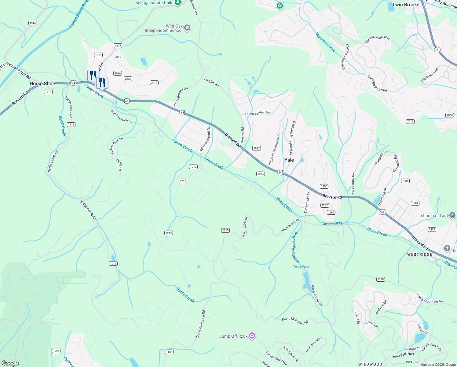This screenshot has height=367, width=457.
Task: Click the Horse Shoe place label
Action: pos(42,83)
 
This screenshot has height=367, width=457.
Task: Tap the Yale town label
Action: pos(289,160)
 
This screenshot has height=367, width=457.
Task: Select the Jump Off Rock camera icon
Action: pos(252,336)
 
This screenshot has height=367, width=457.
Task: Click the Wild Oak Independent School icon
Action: pos(187,28)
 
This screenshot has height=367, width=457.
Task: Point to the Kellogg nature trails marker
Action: pos(178,3)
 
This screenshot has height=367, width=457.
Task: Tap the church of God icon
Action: pos(452,216)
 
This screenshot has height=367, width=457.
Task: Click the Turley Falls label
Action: pos(301,267)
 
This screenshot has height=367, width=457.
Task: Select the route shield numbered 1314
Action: pos(33,23)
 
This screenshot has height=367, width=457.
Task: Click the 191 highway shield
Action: pos(437,50)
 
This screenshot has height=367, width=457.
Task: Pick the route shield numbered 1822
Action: pos(256,148)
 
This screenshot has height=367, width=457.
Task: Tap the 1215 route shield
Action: pos(225,230)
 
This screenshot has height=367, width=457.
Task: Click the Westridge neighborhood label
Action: pos(420,254)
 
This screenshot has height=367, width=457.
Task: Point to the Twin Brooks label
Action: pos(406,5)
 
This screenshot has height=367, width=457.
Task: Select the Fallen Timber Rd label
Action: pos(257,113)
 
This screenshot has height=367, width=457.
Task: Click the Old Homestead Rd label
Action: pos(205,139)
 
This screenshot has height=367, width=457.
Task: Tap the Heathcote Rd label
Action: pos(353,183)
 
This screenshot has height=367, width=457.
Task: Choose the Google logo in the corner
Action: pos(10,363)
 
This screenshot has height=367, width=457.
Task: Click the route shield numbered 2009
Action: pos(449,115)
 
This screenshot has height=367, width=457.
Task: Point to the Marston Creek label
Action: pos(325,42)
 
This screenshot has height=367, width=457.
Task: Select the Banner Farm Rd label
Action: pos(19,70)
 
